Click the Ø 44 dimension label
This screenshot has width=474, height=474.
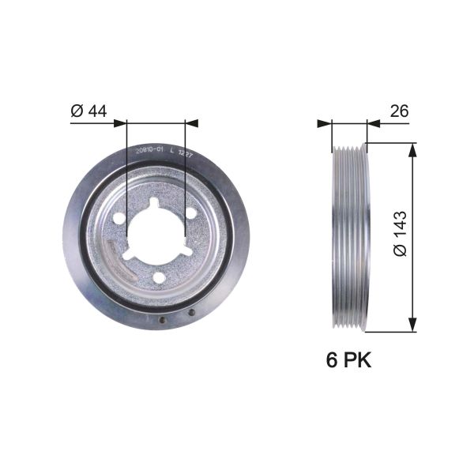click(88, 111)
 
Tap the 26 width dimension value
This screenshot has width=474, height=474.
click(399, 111)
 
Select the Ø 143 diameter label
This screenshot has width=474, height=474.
click(399, 233)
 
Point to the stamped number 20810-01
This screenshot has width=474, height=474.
click(149, 148)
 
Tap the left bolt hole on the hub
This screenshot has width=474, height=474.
click(118, 217)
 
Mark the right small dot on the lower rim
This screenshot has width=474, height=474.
click(191, 313)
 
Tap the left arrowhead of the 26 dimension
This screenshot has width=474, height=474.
click(323, 123)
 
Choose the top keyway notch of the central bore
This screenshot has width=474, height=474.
click(153, 204)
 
